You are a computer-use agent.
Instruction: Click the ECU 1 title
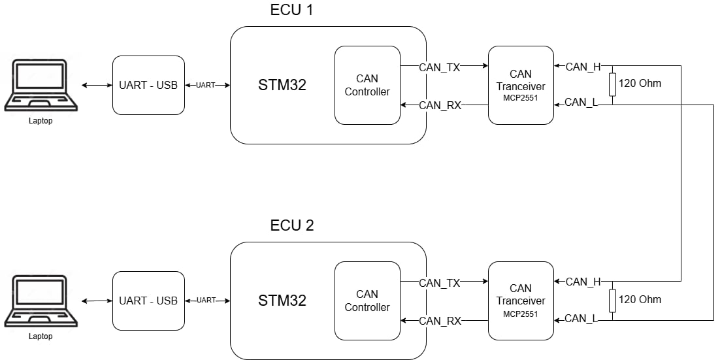point(292,10)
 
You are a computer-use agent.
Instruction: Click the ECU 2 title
point(292,226)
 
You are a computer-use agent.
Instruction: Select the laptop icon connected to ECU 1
point(41,85)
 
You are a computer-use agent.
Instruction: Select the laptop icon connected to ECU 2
point(41,301)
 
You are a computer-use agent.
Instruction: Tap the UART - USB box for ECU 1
point(148,85)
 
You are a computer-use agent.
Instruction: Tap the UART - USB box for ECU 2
point(148,301)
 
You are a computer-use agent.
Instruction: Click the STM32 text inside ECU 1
point(282,85)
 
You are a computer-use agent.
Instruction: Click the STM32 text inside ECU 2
point(282,301)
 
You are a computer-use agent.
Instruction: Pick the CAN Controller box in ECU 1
point(367,85)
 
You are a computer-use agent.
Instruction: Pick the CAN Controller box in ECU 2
point(367,301)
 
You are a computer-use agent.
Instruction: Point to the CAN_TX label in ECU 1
point(440,67)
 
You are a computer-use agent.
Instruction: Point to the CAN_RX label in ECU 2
point(440,321)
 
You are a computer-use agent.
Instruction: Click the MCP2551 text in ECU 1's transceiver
point(521,98)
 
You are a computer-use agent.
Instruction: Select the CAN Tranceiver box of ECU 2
point(521,301)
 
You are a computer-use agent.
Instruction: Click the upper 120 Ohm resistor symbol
point(612,85)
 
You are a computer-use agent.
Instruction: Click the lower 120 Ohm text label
point(640,300)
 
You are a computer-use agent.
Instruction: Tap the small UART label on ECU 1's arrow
point(206,85)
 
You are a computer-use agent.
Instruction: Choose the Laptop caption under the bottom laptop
point(41,336)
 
